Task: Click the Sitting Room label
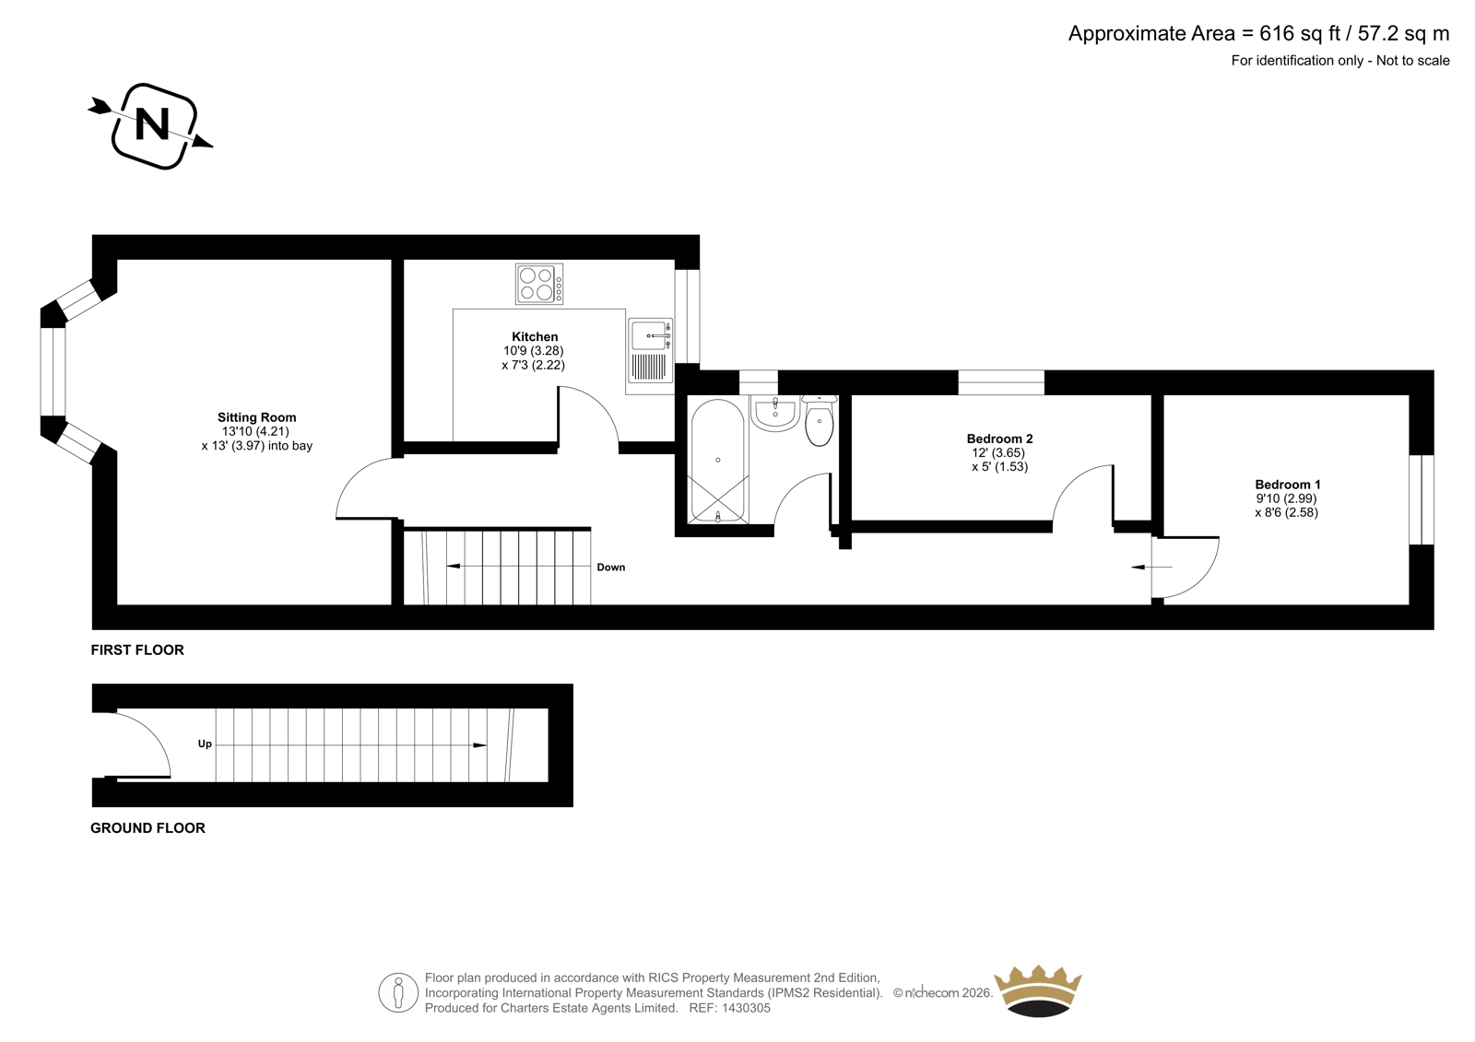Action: (x=257, y=417)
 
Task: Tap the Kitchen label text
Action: (x=535, y=336)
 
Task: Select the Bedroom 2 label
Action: (x=999, y=439)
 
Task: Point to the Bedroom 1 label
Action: (x=1287, y=485)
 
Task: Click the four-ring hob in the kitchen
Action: (x=539, y=284)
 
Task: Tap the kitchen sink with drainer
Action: (x=650, y=351)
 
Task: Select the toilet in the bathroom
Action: (x=820, y=420)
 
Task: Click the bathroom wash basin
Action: (x=775, y=414)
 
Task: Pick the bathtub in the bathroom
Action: (x=718, y=461)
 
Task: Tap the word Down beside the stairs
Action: (x=611, y=568)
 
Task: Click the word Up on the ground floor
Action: (x=205, y=743)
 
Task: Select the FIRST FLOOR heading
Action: (x=137, y=650)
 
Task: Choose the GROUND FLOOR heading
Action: (x=147, y=828)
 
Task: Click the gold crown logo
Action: (x=1038, y=990)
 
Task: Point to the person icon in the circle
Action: (x=397, y=992)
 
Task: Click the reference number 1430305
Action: (x=746, y=1008)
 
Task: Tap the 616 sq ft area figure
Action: (x=1300, y=33)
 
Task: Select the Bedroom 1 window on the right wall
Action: (x=1421, y=499)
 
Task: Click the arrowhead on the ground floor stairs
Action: (x=480, y=745)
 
